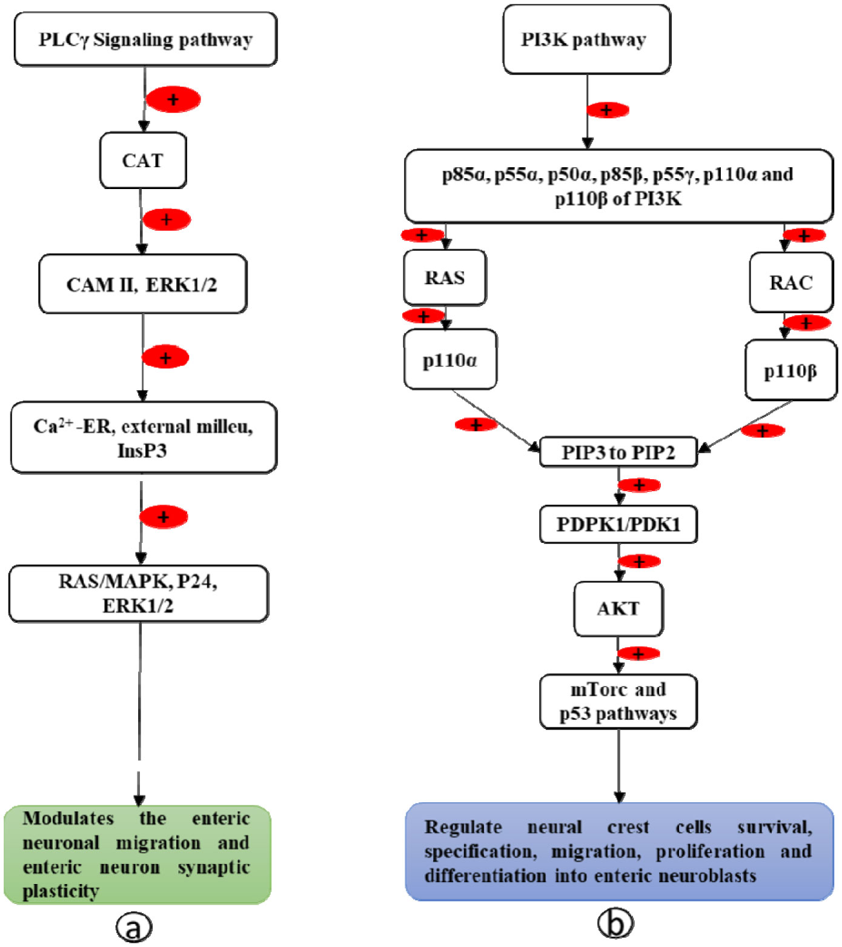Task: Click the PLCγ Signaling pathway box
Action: click(145, 40)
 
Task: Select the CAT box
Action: click(143, 161)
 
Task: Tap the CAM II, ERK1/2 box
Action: click(142, 284)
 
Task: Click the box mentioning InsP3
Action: click(144, 437)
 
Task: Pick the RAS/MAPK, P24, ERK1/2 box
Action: click(139, 594)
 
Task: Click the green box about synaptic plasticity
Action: click(138, 854)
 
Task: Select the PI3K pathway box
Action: click(586, 40)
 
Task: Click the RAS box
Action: click(445, 277)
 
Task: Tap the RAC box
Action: click(791, 282)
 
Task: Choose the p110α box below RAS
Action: click(450, 360)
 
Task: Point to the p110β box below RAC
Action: click(791, 370)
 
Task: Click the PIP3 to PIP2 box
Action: click(618, 452)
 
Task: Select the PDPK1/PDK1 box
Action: click(618, 524)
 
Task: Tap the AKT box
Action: click(618, 608)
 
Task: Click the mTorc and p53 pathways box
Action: click(618, 702)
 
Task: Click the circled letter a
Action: click(134, 927)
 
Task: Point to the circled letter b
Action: click(615, 923)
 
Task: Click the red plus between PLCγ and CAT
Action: click(173, 99)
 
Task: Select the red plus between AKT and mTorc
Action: click(638, 654)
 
